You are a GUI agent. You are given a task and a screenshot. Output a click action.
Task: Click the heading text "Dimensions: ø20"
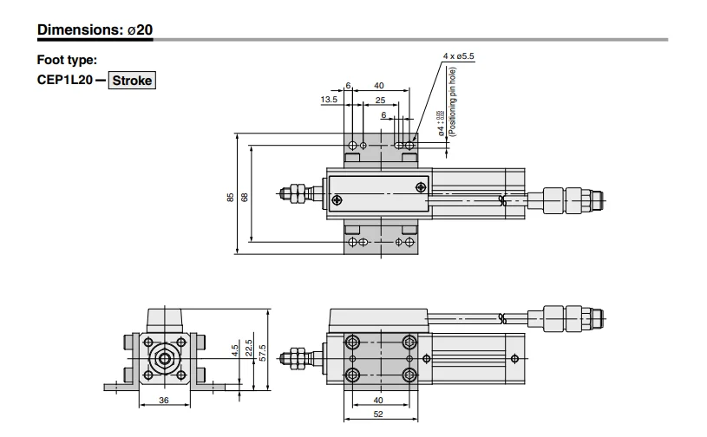click(x=95, y=29)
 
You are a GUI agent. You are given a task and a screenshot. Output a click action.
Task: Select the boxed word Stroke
click(x=132, y=82)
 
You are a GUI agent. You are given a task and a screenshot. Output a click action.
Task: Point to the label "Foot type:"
click(x=67, y=60)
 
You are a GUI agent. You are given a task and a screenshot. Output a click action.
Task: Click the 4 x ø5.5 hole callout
click(x=459, y=56)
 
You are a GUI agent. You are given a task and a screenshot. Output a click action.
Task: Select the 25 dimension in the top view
click(x=380, y=101)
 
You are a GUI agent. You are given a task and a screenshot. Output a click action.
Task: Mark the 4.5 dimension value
click(x=235, y=350)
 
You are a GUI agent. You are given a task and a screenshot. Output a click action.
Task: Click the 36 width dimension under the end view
click(x=164, y=401)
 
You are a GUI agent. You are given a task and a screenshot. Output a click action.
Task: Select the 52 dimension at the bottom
click(x=378, y=414)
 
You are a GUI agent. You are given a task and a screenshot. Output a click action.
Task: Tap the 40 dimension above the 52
click(x=378, y=401)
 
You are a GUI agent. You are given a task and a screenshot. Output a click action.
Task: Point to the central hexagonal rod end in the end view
click(x=164, y=357)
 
